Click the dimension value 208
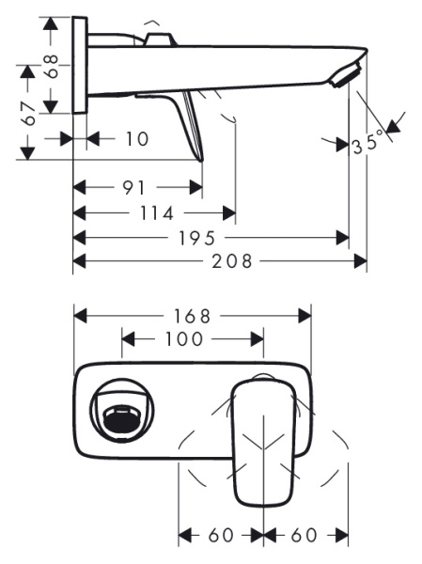pyautogui.click(x=232, y=261)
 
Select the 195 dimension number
pyautogui.click(x=196, y=238)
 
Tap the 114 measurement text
pyautogui.click(x=157, y=213)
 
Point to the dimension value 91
pyautogui.click(x=133, y=188)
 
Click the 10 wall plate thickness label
pyautogui.click(x=137, y=139)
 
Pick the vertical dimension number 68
pyautogui.click(x=52, y=66)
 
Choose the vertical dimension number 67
pyautogui.click(x=28, y=114)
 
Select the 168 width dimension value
pyautogui.click(x=192, y=317)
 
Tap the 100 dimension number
pyautogui.click(x=184, y=339)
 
